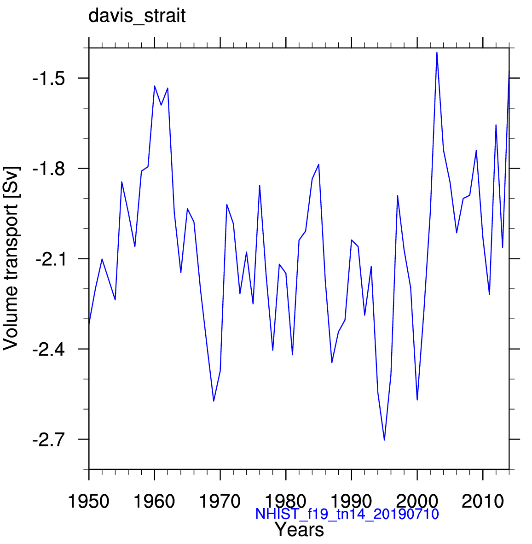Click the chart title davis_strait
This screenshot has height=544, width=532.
[x=137, y=16]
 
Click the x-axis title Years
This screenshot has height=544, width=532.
[x=299, y=530]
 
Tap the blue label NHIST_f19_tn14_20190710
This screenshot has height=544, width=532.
[x=347, y=514]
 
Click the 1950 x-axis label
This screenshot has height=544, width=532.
[x=89, y=502]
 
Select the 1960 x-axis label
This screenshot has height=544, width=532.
[x=155, y=502]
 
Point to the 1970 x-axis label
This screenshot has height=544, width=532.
[x=220, y=502]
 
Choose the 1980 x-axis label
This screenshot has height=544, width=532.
[x=286, y=502]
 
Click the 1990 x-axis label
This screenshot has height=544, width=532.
[x=352, y=502]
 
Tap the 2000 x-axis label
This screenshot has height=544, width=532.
[x=417, y=502]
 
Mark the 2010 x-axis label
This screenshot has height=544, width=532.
[x=483, y=502]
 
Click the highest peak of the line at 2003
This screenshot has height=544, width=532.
[x=437, y=53]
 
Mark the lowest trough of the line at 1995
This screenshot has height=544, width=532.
[x=384, y=440]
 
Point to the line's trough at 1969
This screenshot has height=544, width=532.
[x=214, y=401]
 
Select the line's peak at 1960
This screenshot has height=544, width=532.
[x=155, y=86]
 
